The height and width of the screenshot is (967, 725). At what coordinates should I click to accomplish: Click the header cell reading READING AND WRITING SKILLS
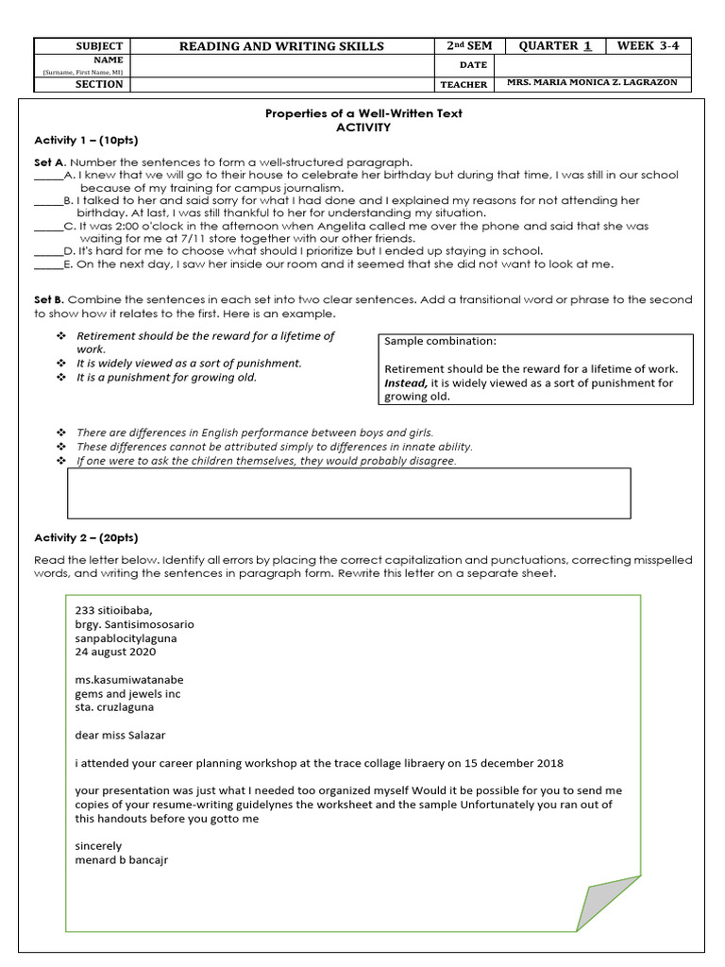(283, 46)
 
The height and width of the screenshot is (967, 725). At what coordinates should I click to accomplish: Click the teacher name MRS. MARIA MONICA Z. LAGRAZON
(592, 83)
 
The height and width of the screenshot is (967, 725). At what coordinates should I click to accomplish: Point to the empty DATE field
(592, 65)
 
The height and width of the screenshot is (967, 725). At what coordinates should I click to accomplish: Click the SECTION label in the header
(98, 84)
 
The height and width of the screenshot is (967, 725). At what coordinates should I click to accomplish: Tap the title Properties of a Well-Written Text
(363, 113)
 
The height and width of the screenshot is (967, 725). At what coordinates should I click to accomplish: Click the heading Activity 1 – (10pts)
(86, 140)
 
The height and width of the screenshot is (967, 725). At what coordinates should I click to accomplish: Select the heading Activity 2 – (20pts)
(86, 537)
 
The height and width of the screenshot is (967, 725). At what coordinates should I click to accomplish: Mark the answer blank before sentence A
(48, 176)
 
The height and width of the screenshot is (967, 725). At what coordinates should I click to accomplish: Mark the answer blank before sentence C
(48, 227)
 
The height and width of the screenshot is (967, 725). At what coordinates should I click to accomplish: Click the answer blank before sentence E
(48, 264)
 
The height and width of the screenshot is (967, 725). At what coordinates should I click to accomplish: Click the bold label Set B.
(48, 299)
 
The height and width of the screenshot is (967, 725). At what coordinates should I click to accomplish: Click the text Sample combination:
(440, 341)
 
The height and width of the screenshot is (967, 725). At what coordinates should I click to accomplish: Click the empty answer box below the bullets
(349, 493)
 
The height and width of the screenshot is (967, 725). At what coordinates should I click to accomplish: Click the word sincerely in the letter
(98, 846)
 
